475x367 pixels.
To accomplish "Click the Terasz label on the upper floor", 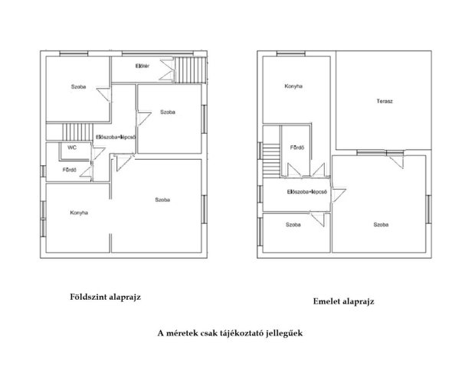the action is tap(385, 101).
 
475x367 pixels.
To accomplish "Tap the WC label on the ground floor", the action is tap(72, 148).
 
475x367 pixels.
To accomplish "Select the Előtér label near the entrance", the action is tap(142, 66).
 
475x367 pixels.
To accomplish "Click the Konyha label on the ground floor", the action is tap(79, 213).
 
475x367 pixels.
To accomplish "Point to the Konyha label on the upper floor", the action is tap(293, 86).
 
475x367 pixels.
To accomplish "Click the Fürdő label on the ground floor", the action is tap(70, 170).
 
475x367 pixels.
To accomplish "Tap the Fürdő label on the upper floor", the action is tap(297, 148).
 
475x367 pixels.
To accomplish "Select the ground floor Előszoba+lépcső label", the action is tap(116, 137).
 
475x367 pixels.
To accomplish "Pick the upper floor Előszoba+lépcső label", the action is tap(307, 192).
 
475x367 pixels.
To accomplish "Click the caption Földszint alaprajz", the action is tap(106, 297).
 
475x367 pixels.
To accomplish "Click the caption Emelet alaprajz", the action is tap(343, 301).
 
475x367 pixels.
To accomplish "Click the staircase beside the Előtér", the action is tap(190, 70).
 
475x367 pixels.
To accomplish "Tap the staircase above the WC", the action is tap(77, 132).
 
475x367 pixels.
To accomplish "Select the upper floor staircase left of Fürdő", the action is tap(271, 161).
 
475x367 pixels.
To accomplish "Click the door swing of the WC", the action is tap(98, 153).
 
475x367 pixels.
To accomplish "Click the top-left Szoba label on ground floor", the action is tap(78, 86).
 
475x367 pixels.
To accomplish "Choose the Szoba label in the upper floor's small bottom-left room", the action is tap(293, 225).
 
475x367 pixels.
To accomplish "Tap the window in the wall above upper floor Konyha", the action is tap(291, 54).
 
